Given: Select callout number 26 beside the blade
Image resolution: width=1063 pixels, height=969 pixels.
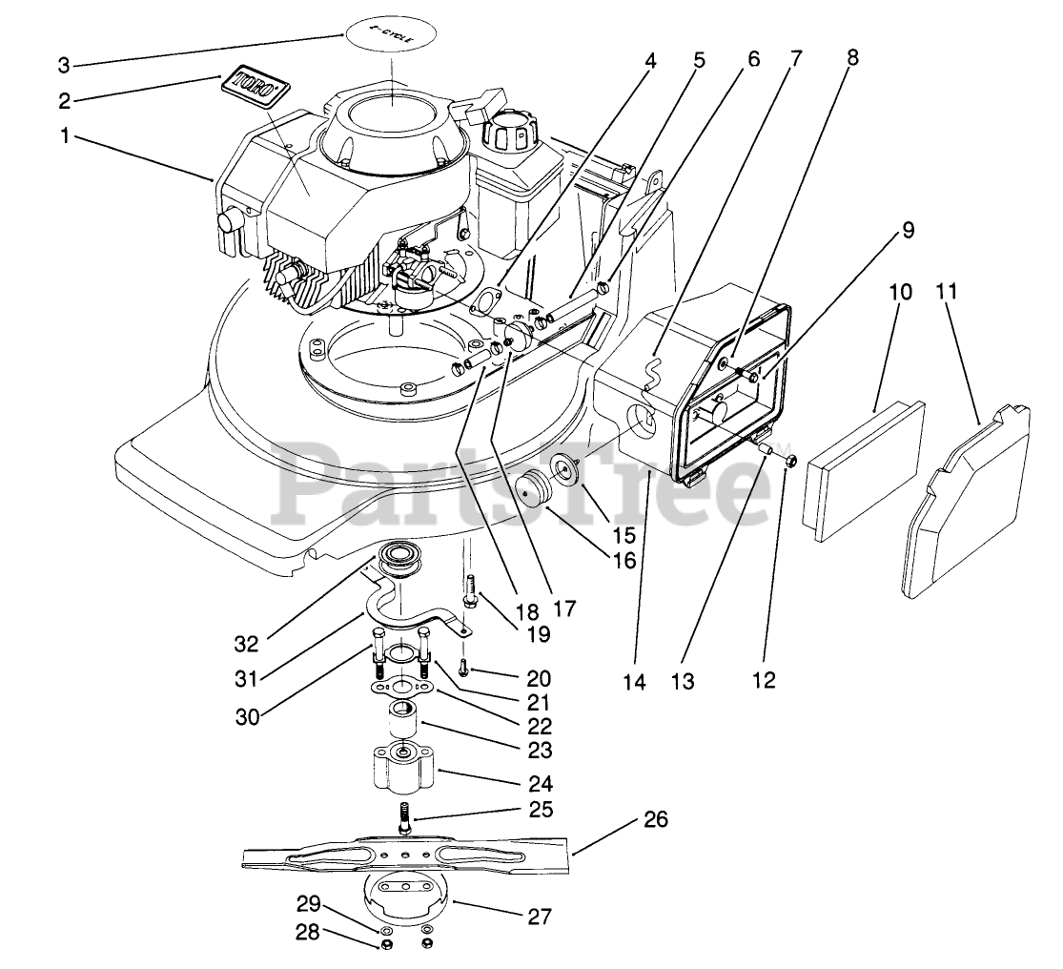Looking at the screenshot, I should [656, 819].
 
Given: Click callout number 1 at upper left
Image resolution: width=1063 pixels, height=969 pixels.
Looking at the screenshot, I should [65, 136].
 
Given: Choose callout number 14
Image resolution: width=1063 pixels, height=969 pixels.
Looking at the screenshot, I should [634, 683].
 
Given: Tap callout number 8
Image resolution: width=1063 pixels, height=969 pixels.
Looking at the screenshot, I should [851, 57].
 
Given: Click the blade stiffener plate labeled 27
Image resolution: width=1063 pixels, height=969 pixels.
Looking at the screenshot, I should [404, 897].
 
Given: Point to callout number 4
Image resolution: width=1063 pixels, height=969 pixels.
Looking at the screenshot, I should [650, 61].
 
